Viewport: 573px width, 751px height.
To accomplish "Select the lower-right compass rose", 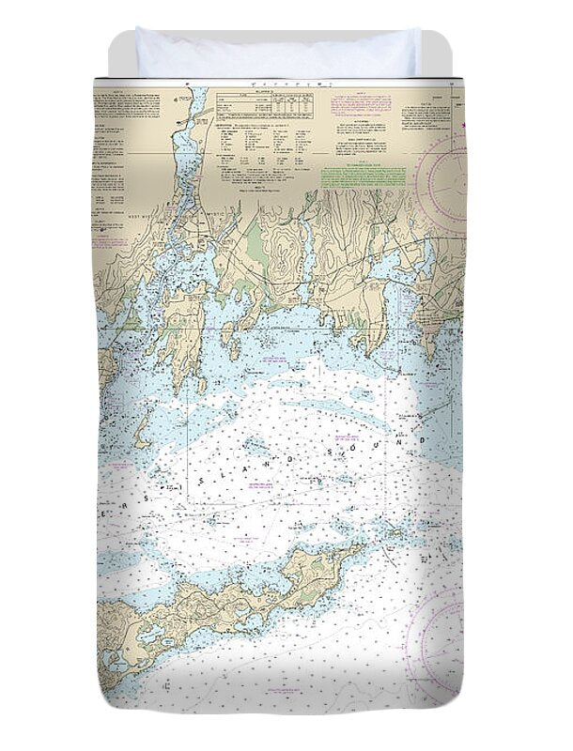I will [441, 638].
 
